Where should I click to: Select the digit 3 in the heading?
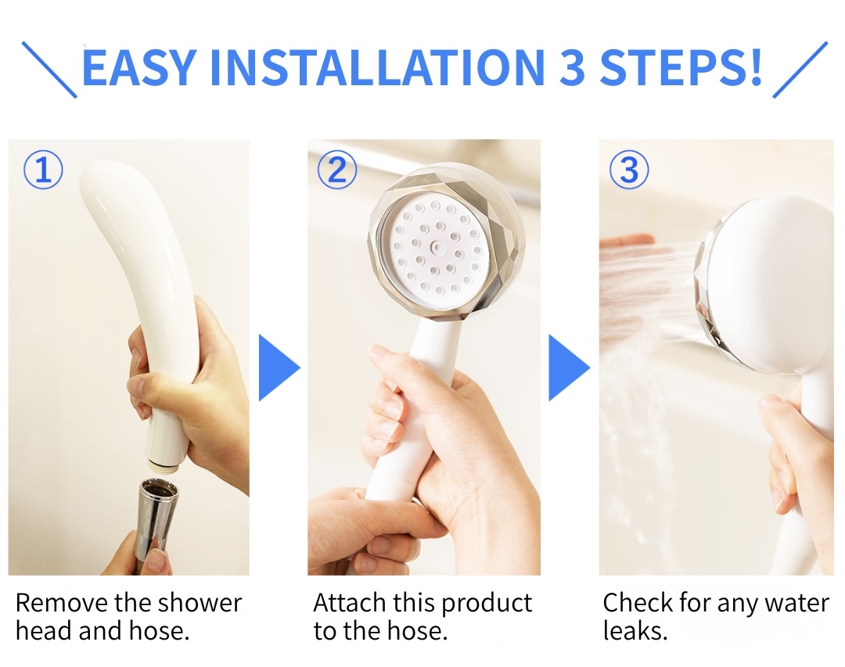point(571,68)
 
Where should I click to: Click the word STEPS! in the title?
point(681,68)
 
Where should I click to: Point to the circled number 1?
point(43,170)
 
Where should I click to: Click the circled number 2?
point(337,170)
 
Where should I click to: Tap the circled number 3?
point(629,170)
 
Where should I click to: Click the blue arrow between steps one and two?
point(279,368)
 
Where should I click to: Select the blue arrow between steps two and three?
point(569,368)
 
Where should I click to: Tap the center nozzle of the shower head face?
point(437,247)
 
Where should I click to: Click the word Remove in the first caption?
point(60,603)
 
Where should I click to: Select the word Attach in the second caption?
point(349,603)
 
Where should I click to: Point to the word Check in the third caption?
point(638,603)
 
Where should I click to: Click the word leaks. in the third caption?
point(635,631)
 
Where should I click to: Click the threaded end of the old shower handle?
point(167,464)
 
